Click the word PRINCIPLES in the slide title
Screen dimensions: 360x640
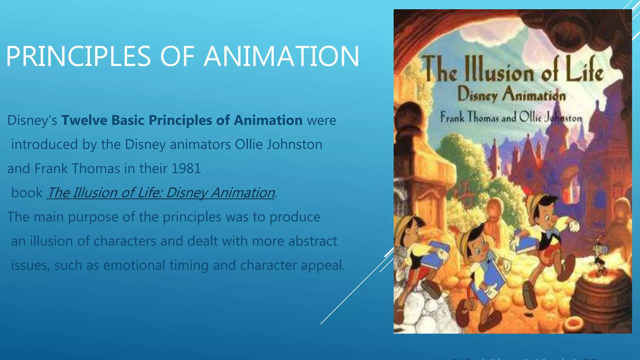[78, 56]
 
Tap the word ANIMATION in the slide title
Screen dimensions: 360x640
[281, 56]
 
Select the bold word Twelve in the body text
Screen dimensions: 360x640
[84, 120]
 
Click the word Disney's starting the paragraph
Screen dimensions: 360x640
[32, 120]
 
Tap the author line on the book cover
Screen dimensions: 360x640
[511, 117]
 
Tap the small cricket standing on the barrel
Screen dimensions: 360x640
[600, 256]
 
